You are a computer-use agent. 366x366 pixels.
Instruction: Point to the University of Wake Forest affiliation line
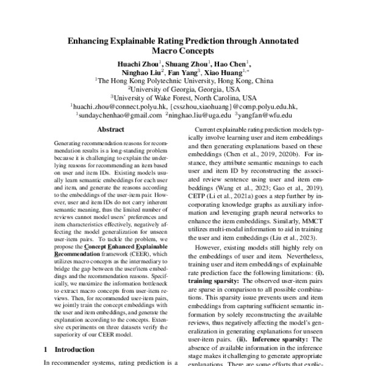pyautogui.click(x=183, y=97)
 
